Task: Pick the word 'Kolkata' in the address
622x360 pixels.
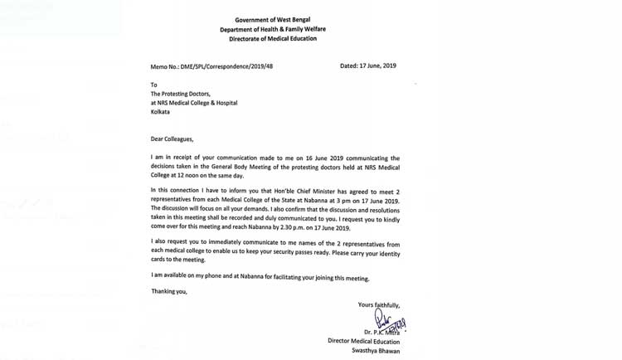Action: point(163,115)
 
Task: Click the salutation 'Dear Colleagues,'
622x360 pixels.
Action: point(177,137)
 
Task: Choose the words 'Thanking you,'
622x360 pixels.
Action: point(169,291)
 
